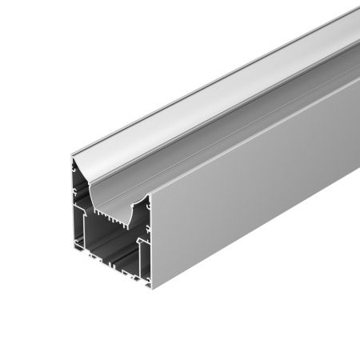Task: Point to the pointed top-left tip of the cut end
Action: pos(72,158)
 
